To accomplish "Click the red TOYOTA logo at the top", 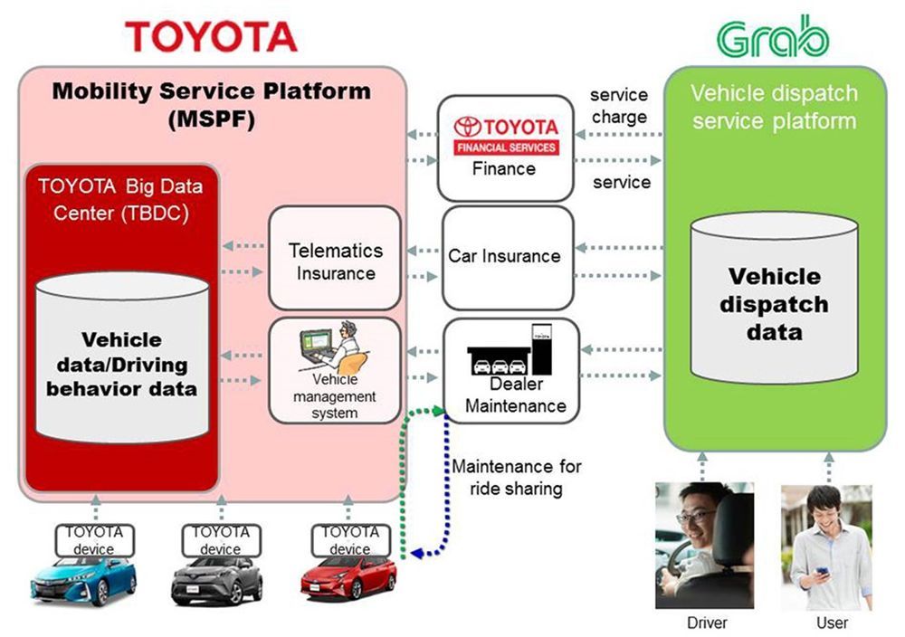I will click(211, 36).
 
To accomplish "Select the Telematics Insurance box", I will click(335, 260).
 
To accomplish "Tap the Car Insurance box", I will click(504, 257).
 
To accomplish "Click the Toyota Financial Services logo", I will click(506, 133).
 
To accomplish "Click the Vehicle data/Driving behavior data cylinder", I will click(122, 363).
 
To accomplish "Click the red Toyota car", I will click(348, 580).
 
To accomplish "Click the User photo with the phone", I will click(825, 547).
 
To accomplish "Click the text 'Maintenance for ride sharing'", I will click(517, 478).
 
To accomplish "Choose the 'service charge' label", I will click(619, 106).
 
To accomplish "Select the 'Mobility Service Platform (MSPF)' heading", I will click(211, 104).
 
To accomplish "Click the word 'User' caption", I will click(832, 623).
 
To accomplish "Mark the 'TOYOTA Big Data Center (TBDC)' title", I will click(120, 202).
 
